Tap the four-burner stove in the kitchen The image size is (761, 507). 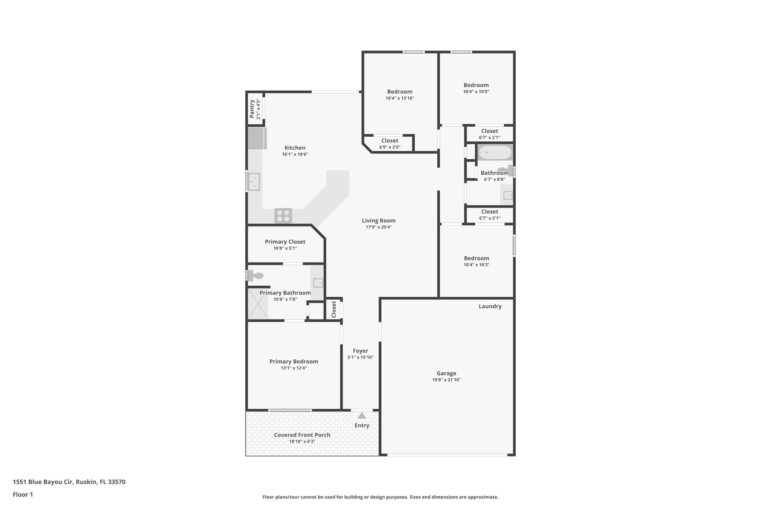283,216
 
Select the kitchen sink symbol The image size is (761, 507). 254,182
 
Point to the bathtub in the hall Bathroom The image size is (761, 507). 495,152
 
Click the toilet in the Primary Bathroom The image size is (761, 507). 256,276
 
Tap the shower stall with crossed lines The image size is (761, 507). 258,303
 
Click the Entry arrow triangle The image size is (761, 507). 362,416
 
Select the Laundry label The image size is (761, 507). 490,306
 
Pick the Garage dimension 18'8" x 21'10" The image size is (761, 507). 446,380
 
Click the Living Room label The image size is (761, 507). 379,221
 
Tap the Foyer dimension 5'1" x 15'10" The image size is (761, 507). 360,357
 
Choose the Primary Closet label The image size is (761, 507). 285,242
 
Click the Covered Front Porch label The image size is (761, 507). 302,435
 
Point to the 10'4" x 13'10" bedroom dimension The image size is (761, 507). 400,98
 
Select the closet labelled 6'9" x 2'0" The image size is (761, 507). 389,144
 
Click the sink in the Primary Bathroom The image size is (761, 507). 318,283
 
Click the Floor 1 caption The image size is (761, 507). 23,494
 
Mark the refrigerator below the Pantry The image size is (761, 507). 257,138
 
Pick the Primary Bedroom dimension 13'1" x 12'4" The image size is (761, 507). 294,368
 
